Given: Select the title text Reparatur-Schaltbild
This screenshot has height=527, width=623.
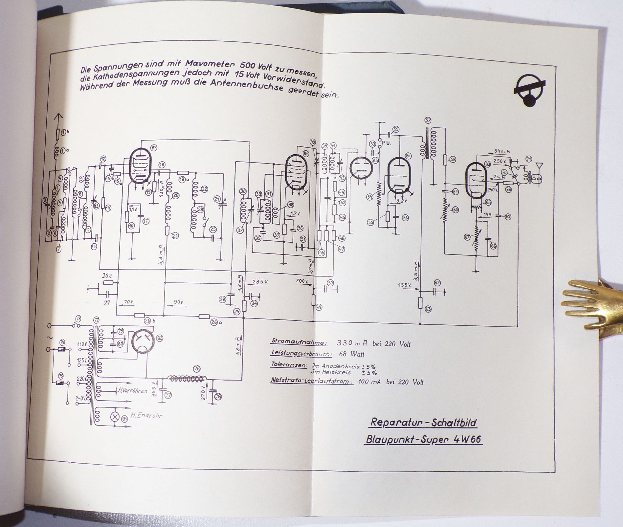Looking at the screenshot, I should coord(423,422).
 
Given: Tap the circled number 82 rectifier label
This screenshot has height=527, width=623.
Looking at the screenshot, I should coord(160,338).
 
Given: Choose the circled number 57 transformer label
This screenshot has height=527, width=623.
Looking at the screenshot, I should coord(428,120).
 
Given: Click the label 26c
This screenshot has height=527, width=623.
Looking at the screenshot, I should coord(107,275).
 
